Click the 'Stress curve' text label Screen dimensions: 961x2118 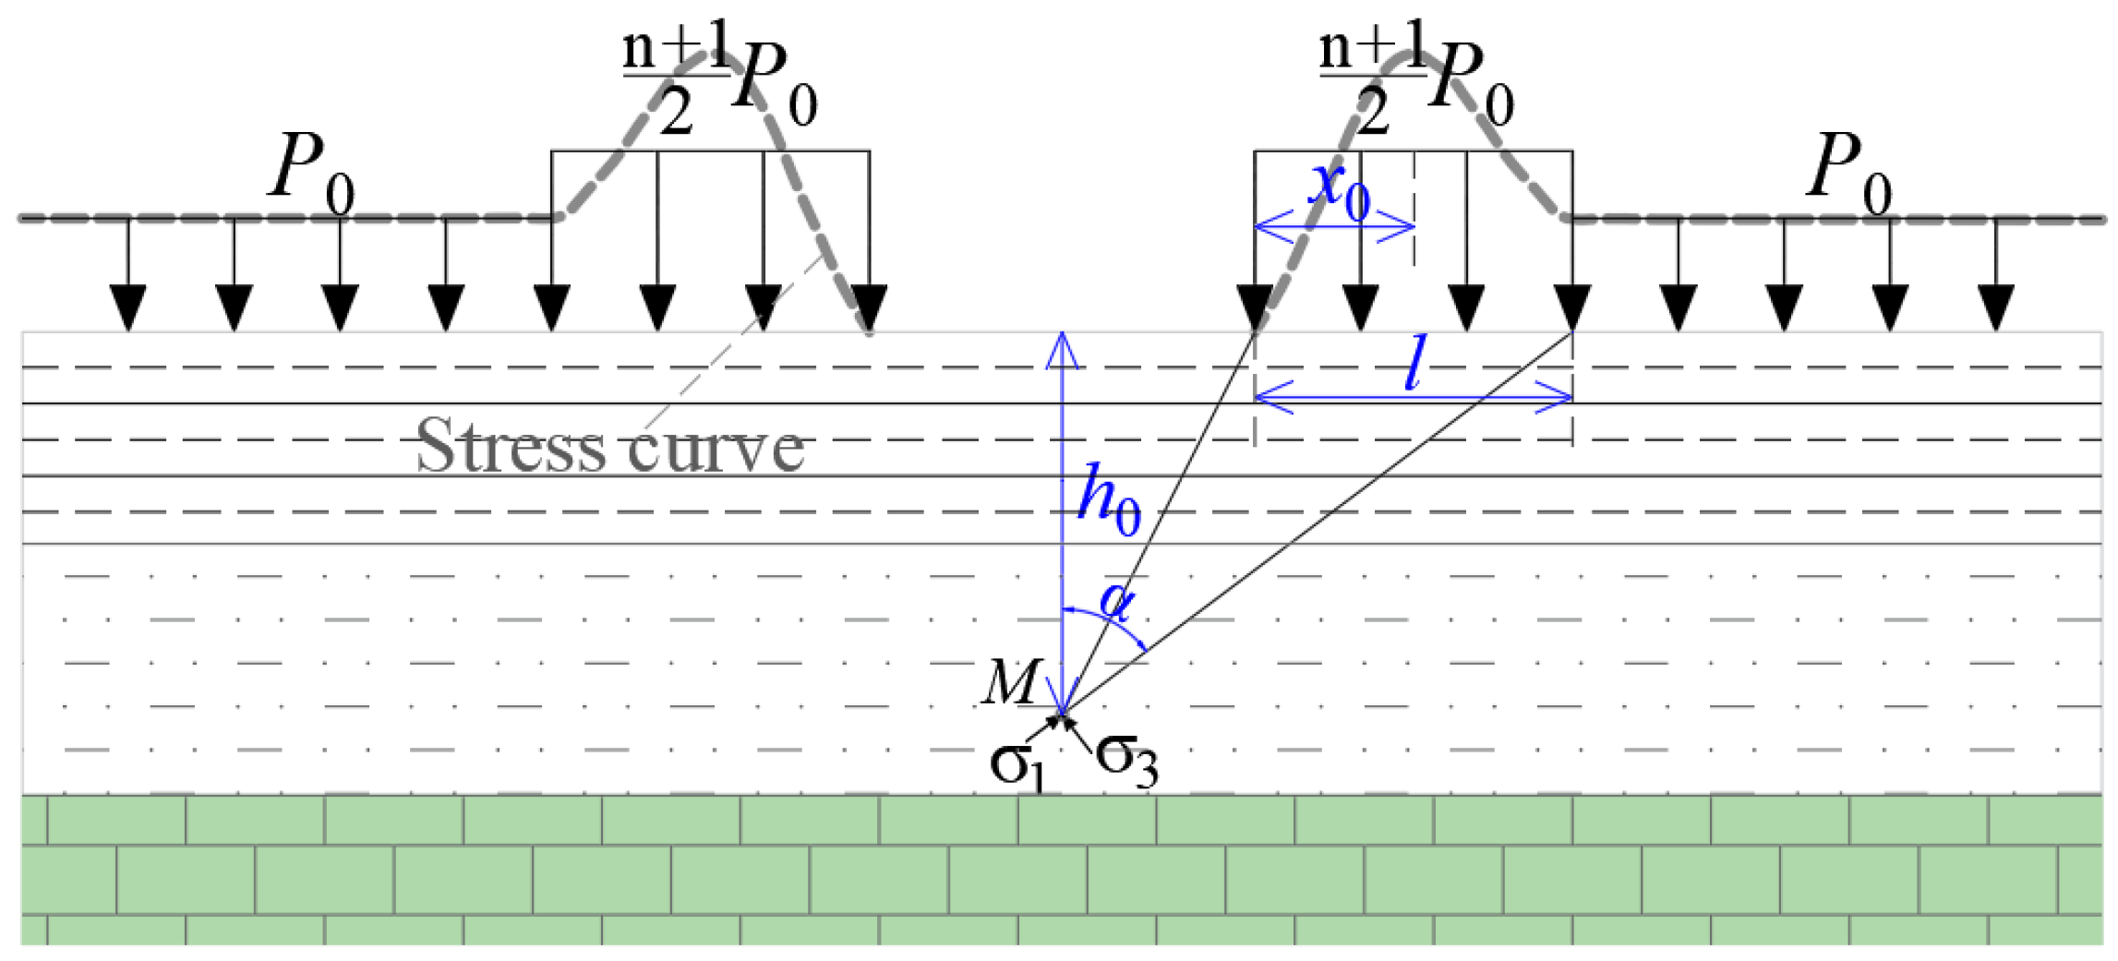(x=609, y=447)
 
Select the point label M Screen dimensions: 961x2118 (x=1012, y=683)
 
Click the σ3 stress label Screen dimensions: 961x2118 (x=1126, y=761)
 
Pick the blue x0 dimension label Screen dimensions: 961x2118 (x=1339, y=188)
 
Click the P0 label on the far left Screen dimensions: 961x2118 (x=310, y=172)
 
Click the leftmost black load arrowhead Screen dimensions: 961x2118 (x=128, y=308)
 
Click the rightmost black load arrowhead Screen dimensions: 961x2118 (x=1996, y=308)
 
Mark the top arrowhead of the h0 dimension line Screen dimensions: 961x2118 (x=1063, y=346)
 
